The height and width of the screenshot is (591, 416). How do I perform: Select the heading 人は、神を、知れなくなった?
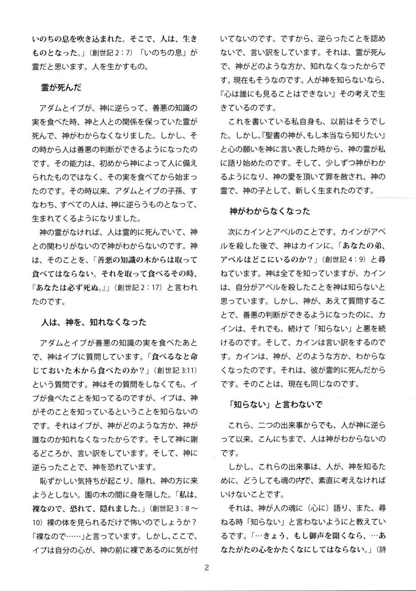[x=94, y=322]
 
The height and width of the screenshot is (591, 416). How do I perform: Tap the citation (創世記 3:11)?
[x=175, y=358]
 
